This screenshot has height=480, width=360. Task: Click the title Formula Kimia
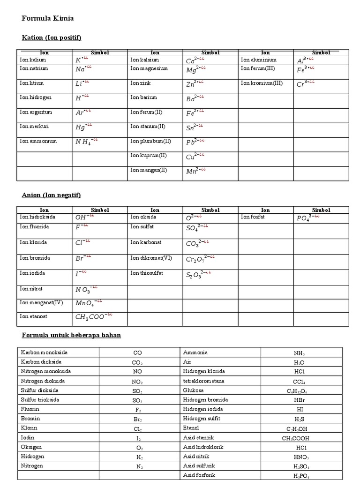click(x=48, y=19)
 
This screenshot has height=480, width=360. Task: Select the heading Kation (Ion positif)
click(x=55, y=37)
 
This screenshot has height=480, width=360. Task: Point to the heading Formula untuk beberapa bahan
click(x=72, y=335)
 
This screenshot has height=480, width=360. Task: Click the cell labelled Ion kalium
click(x=33, y=60)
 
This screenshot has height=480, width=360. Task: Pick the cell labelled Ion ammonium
click(x=38, y=141)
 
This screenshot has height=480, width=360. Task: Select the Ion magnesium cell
click(x=149, y=68)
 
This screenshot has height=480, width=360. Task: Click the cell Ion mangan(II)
click(x=149, y=170)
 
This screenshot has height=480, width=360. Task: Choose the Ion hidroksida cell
click(x=38, y=217)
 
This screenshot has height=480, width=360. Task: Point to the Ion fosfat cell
click(x=255, y=217)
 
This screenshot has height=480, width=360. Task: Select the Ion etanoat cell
click(x=33, y=316)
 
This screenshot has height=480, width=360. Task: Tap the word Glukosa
click(x=193, y=390)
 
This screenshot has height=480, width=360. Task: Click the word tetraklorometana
click(x=203, y=381)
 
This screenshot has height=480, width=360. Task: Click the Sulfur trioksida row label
click(x=40, y=400)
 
